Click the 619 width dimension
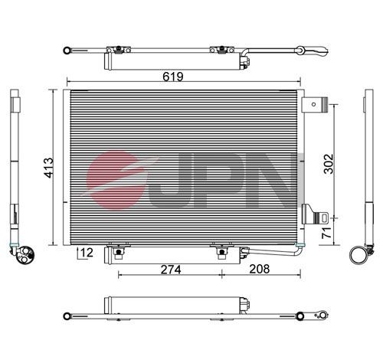pos(173,76)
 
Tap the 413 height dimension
pos(49,168)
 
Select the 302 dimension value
pos(329,164)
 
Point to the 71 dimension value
pos(327,233)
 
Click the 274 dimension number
pos(171,270)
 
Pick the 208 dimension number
pos(259,269)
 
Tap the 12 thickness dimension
pos(87,253)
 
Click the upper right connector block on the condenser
pos(314,105)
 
